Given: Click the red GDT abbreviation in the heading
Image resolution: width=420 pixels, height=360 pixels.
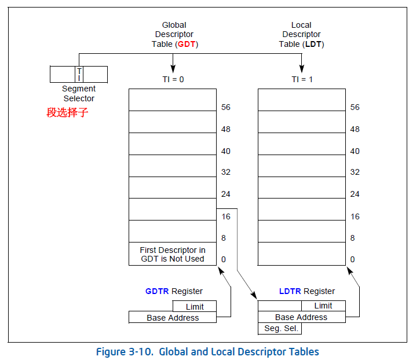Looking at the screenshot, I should click(186, 44).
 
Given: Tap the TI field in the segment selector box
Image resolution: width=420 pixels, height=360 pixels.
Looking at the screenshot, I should click(79, 74).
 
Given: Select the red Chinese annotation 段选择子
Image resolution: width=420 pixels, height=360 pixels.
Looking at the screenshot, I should click(67, 112).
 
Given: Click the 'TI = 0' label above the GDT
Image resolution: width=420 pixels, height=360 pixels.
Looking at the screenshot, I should click(173, 79).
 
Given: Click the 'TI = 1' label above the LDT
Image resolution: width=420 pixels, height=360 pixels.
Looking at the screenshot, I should click(301, 79).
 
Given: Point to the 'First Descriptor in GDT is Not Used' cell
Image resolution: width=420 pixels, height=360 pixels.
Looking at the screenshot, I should click(173, 254).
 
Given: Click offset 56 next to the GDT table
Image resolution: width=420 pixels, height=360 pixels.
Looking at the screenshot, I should click(226, 107).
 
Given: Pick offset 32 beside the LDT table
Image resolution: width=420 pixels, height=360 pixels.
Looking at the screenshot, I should click(355, 172).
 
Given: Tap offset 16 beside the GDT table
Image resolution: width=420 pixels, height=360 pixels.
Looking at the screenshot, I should click(226, 216).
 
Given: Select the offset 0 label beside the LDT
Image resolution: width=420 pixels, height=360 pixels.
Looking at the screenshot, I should click(352, 259).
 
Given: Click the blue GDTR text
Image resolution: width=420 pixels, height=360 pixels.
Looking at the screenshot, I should click(157, 291).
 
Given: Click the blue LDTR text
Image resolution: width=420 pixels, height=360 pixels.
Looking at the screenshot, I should click(290, 291).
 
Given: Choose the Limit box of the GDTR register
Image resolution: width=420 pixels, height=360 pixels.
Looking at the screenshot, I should click(195, 306).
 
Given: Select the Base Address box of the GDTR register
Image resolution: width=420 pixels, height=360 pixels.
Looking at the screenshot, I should click(173, 317).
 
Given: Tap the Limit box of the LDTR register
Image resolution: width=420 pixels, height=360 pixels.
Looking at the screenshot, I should click(323, 306).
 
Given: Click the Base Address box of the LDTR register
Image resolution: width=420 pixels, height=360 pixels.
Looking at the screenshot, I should click(301, 317).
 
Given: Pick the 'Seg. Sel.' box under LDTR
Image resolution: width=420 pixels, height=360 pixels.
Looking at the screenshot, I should click(279, 328).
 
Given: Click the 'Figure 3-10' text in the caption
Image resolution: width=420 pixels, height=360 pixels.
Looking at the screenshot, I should click(124, 351).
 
